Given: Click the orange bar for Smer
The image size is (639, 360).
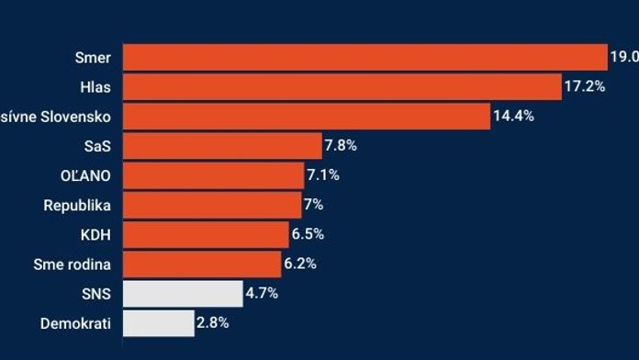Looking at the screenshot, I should (364, 57).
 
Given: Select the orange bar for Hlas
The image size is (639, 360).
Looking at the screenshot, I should (342, 86).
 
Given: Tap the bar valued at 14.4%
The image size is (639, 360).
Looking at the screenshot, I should (306, 117).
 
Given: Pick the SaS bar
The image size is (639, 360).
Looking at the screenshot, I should (221, 146).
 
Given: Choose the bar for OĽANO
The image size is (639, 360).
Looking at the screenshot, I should (212, 175).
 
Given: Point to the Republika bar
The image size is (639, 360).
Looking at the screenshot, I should (211, 205).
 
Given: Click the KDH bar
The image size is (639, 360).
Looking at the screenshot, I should (205, 234).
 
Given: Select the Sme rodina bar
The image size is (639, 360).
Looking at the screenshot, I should (201, 264).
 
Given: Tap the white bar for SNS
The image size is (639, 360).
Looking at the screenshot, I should (182, 293).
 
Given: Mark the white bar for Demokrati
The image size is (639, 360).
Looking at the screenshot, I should (158, 322).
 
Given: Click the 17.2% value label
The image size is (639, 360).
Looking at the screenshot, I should (584, 86).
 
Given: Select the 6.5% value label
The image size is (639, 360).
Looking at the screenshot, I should (308, 234).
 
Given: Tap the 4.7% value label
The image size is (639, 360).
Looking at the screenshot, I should (262, 293).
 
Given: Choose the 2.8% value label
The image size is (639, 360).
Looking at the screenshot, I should (213, 322).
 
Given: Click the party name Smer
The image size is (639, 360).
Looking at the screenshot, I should (93, 57).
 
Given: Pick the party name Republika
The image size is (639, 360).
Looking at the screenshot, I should (77, 205).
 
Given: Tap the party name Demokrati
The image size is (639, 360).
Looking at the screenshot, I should (75, 322).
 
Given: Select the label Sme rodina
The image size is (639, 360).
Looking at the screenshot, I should (73, 264).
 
